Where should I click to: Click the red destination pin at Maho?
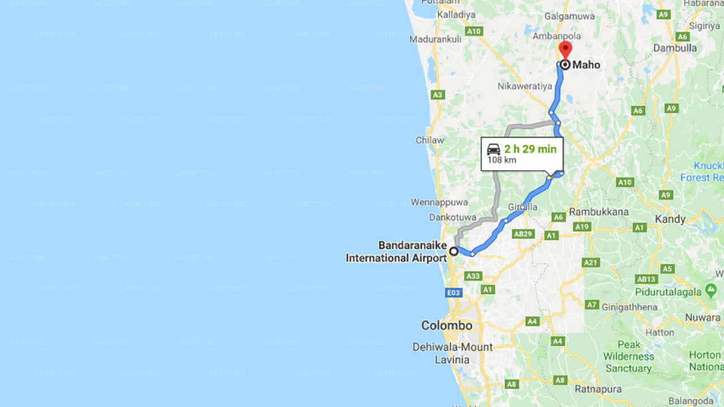click(x=565, y=50)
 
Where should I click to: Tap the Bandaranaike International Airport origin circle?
click(x=454, y=251)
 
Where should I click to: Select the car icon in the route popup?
click(x=494, y=149)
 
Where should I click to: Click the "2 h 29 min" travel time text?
click(x=530, y=149)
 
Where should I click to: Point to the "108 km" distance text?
click(x=501, y=160)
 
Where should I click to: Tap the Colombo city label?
click(x=446, y=326)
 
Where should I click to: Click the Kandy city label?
click(x=670, y=219)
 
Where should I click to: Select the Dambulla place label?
click(x=675, y=48)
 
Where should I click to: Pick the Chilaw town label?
click(x=430, y=140)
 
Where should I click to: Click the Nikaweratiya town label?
click(x=524, y=86)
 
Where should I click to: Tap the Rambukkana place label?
click(x=598, y=212)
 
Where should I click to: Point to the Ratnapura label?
click(x=598, y=389)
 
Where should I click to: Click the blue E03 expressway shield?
click(x=454, y=293)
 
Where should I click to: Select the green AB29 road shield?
click(x=523, y=234)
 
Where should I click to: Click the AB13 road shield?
click(x=646, y=279)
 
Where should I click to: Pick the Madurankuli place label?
click(x=436, y=40)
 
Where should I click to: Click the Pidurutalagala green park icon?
click(x=711, y=291)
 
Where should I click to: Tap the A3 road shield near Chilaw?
click(x=437, y=95)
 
